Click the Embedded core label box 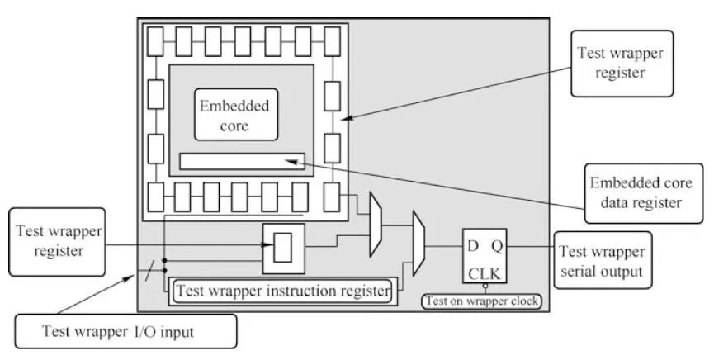pyautogui.click(x=234, y=116)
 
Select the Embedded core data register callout pyautogui.click(x=635, y=192)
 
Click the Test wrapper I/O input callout pyautogui.click(x=126, y=332)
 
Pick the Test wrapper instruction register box pyautogui.click(x=281, y=290)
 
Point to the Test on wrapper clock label pyautogui.click(x=483, y=301)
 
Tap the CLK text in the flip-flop pyautogui.click(x=485, y=273)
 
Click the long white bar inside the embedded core pyautogui.click(x=241, y=161)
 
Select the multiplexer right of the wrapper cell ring pyautogui.click(x=375, y=224)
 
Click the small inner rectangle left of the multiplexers pyautogui.click(x=282, y=247)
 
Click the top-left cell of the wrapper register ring pyautogui.click(x=154, y=38)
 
